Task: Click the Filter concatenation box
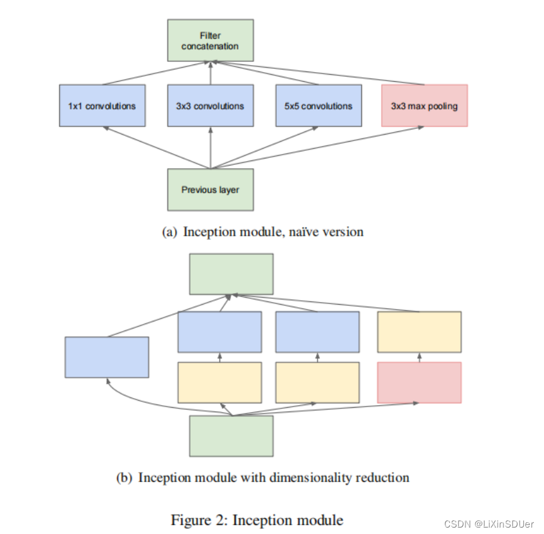pos(211,40)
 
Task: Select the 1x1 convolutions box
pos(102,106)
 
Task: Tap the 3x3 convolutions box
pos(211,106)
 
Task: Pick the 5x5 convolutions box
pos(319,106)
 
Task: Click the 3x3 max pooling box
pos(424,106)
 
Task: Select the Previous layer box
pos(211,189)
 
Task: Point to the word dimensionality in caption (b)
pos(314,478)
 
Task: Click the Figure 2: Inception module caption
pos(257,520)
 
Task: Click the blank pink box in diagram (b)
pos(419,382)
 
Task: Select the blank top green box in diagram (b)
pos(231,274)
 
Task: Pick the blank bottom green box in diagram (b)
pos(231,436)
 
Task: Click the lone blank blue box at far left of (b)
pos(107,357)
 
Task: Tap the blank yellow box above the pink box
pos(419,332)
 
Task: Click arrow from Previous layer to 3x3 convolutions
pos(211,148)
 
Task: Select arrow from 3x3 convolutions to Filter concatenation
pos(211,74)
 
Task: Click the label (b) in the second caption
pos(125,478)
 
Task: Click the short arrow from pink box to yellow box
pos(419,358)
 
